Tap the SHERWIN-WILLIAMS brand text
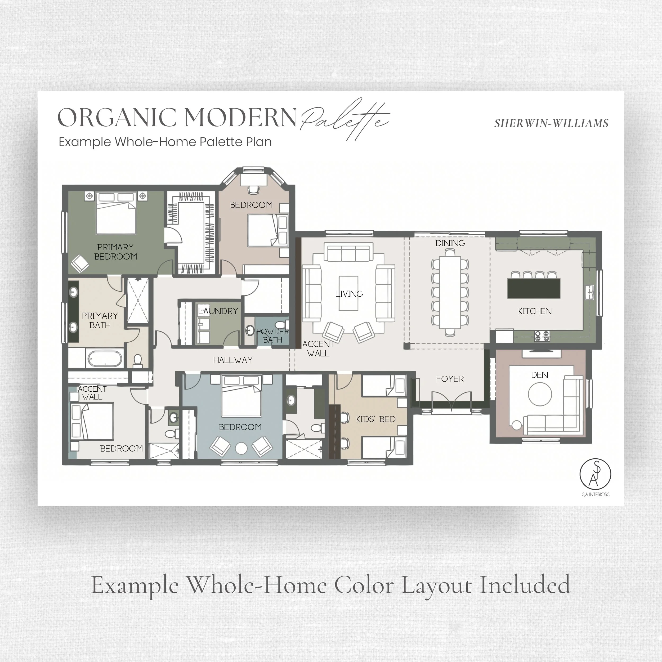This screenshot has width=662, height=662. pyautogui.click(x=551, y=123)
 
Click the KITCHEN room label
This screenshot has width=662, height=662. pyautogui.click(x=535, y=311)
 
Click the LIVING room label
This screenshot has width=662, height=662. pyautogui.click(x=349, y=294)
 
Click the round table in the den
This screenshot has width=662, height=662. pyautogui.click(x=540, y=394)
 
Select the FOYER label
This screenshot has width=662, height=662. pyautogui.click(x=450, y=379)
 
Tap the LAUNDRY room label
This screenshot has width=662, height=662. pyautogui.click(x=218, y=311)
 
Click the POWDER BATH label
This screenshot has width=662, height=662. pyautogui.click(x=273, y=336)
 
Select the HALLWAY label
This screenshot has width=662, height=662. pyautogui.click(x=233, y=360)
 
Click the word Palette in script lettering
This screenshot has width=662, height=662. pyautogui.click(x=345, y=118)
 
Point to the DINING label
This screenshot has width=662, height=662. pyautogui.click(x=450, y=243)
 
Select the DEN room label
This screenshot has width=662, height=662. pyautogui.click(x=539, y=375)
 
